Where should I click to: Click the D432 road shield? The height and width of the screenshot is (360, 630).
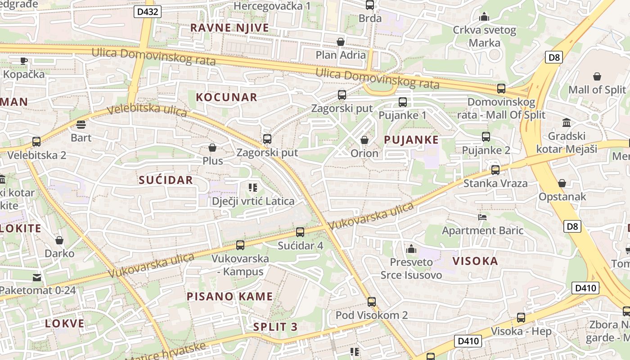tap(147, 12)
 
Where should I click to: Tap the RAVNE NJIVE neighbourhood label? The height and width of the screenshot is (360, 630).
tap(229, 28)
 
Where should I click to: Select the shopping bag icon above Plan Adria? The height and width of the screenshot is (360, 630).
tap(341, 42)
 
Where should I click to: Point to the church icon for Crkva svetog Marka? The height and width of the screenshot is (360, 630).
tap(484, 17)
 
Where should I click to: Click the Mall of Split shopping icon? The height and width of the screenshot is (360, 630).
tap(597, 76)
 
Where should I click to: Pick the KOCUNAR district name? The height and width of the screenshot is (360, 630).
tap(227, 97)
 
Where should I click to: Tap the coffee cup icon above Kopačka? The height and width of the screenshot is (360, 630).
tap(24, 61)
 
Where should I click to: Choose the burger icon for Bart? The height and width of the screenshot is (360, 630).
tap(81, 125)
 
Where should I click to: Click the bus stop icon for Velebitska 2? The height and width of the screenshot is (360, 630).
tap(36, 142)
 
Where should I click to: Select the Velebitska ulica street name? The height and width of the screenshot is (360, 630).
tap(147, 110)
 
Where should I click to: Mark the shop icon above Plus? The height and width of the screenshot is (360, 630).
tap(212, 148)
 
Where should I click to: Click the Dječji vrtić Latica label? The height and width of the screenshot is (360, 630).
tap(253, 201)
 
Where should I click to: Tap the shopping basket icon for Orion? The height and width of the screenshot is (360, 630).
tap(364, 140)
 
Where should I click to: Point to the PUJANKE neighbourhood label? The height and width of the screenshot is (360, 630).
tap(411, 140)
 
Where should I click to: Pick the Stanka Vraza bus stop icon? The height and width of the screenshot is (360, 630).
tap(495, 170)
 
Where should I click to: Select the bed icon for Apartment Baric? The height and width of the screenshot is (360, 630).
tap(482, 217)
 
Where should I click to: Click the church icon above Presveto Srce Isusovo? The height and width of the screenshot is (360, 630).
tap(411, 249)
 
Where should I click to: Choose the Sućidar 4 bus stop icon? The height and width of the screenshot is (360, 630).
tap(300, 232)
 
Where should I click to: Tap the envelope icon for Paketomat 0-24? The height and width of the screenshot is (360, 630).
tap(37, 277)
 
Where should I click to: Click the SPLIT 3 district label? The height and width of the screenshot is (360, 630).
tap(275, 327)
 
